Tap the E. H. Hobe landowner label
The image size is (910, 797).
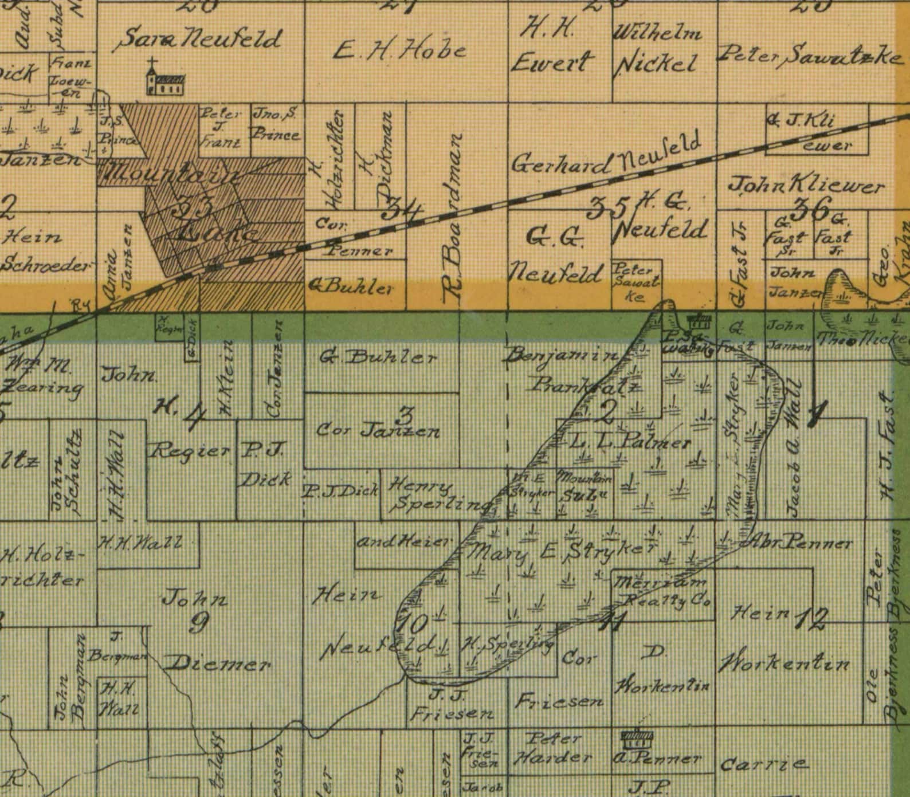pos(399,52)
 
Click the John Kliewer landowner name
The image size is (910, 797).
pos(806,186)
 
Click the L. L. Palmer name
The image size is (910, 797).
pos(630,442)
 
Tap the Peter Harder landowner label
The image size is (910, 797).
pos(552,749)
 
